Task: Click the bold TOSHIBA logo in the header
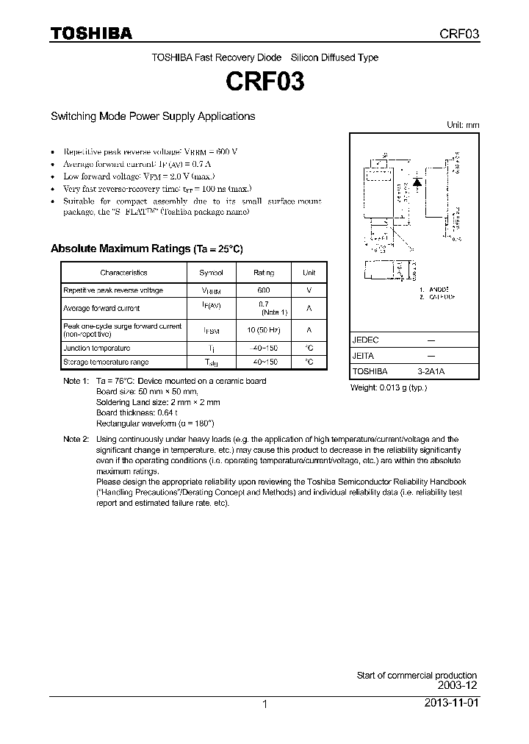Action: pos(91,34)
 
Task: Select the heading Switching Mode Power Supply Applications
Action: pos(153,116)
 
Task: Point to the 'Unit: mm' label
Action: pos(463,125)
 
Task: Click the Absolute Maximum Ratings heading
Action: pos(146,249)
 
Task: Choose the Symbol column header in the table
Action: pos(211,273)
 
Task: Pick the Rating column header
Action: pos(264,273)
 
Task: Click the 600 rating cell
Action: pos(264,290)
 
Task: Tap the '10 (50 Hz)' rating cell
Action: pos(264,330)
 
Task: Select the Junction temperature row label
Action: pos(97,348)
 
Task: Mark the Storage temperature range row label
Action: pos(106,362)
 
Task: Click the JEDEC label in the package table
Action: pos(365,340)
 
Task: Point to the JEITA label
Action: pos(364,356)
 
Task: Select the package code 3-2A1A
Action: pos(431,372)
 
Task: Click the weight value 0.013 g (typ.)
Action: pos(388,387)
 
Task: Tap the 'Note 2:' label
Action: pos(76,439)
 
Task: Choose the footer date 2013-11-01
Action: pos(451,704)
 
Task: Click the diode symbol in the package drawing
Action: pos(416,180)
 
